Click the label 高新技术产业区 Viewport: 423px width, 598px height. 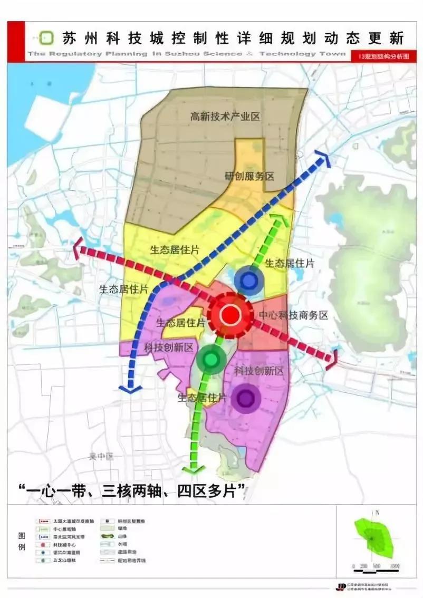click(225, 117)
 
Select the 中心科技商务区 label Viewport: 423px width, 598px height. click(293, 315)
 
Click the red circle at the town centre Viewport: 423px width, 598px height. click(230, 315)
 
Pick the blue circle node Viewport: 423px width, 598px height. click(248, 280)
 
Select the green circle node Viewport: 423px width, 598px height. click(211, 360)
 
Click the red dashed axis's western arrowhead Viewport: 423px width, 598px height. click(78, 247)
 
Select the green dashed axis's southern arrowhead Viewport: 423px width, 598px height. click(194, 468)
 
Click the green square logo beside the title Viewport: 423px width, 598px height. click(47, 38)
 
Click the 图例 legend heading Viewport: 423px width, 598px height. click(21, 541)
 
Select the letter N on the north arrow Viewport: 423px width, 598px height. click(378, 512)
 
